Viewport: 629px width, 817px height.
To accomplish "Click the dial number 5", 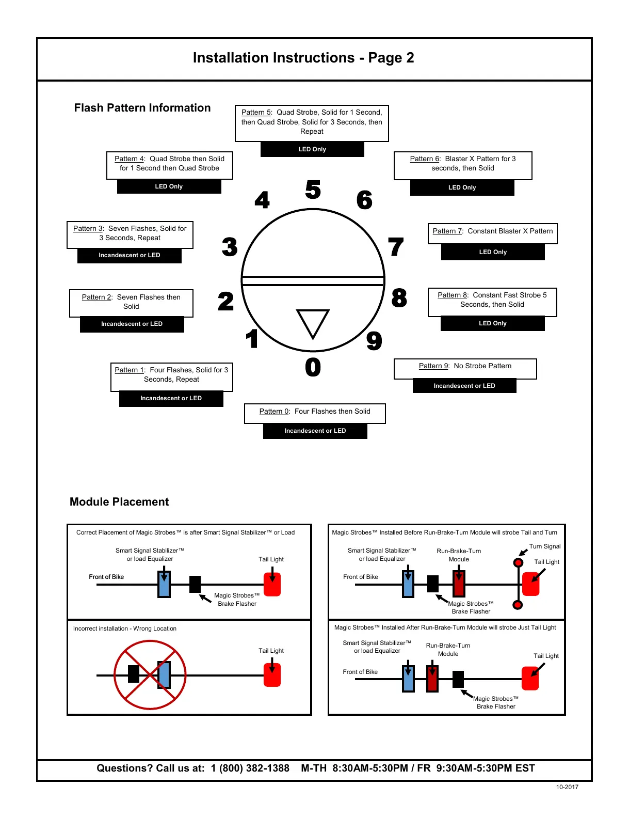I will click(313, 190).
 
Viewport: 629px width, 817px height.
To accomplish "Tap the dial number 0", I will click(313, 367).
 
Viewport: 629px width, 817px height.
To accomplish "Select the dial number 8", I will click(399, 298).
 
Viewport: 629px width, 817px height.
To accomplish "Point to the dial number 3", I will click(230, 247).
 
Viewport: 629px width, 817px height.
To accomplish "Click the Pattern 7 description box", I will click(492, 233).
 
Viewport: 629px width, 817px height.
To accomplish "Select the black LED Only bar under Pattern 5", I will click(312, 149).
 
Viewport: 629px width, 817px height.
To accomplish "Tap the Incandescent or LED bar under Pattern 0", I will click(315, 431).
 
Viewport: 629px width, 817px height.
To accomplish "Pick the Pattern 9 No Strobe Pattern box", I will click(465, 368).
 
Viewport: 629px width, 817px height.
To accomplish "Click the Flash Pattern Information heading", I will click(142, 108).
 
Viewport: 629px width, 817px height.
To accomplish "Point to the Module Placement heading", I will click(119, 502).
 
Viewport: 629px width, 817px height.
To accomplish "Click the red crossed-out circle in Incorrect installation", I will click(150, 675).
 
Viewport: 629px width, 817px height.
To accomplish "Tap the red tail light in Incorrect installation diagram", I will click(272, 675).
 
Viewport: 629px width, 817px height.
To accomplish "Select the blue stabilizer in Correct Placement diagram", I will click(164, 585).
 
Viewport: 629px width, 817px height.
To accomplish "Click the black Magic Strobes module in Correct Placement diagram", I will click(195, 585).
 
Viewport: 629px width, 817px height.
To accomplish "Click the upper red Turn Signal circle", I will click(518, 562).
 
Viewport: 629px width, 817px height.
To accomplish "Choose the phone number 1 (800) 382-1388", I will click(250, 768).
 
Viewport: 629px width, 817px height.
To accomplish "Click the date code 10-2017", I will click(567, 787).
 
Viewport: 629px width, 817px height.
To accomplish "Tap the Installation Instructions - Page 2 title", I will click(303, 58).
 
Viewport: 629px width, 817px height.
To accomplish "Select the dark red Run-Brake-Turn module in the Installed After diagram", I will click(432, 679).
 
